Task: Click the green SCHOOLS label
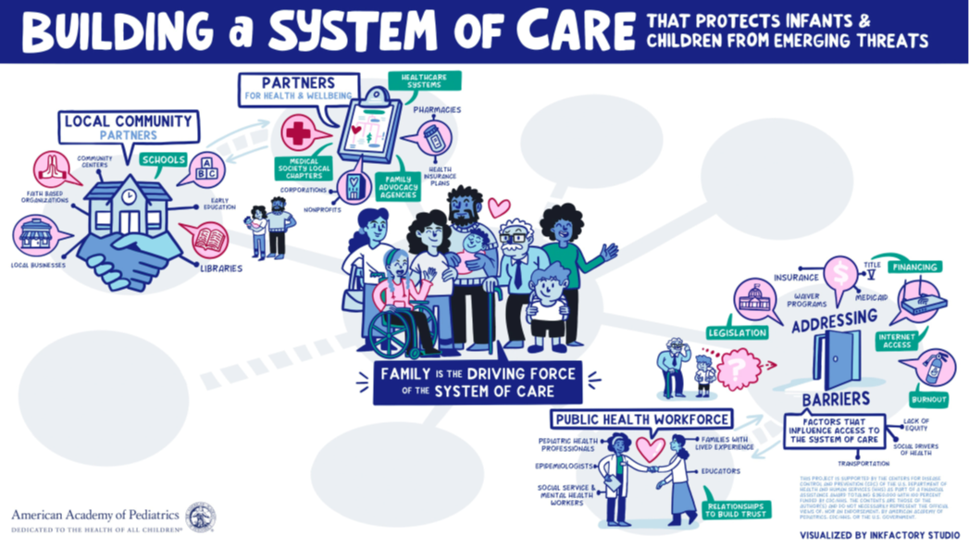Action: click(163, 159)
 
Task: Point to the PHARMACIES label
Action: click(437, 109)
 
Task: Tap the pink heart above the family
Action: click(499, 207)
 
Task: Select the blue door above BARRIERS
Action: click(836, 360)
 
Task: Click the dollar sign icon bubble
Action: click(841, 275)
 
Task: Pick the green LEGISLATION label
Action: click(738, 331)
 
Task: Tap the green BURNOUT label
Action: click(928, 400)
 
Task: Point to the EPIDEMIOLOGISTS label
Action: click(564, 466)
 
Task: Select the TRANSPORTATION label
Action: click(863, 463)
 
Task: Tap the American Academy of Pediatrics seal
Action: click(200, 518)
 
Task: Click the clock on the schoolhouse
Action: click(129, 196)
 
